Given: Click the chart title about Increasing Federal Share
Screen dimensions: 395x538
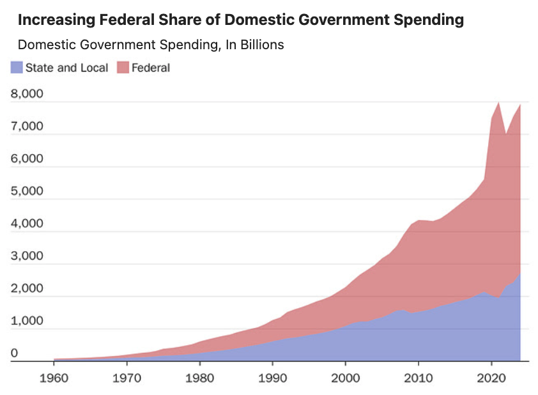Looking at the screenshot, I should [240, 20].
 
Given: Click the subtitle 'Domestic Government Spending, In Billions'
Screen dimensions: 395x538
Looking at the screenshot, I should [151, 45].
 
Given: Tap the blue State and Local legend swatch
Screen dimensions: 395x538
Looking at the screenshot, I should [17, 68].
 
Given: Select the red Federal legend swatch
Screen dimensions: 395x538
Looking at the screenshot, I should [123, 68].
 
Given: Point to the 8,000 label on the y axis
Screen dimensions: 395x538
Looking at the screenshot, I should [27, 94].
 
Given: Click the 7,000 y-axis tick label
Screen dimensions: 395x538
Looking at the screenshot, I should [27, 127].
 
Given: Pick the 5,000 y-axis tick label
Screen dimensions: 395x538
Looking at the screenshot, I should [27, 191].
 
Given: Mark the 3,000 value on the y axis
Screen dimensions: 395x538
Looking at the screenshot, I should [27, 256].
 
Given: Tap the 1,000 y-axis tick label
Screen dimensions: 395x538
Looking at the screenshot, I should [27, 321].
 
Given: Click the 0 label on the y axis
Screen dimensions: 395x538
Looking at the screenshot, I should [15, 353].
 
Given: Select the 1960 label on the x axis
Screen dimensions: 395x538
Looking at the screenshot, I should [54, 376].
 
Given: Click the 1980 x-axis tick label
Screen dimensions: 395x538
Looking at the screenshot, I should [200, 376].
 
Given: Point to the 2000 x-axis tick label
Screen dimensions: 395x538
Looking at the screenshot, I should [346, 376].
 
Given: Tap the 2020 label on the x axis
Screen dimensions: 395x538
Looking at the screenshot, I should [491, 376].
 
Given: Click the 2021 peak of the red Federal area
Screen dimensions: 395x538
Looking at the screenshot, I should [498, 103].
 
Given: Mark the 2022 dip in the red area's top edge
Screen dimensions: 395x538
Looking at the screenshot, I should [505, 134].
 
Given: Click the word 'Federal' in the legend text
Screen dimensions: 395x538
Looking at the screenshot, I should [151, 68].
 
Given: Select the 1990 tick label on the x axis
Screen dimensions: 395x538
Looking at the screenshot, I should [273, 376].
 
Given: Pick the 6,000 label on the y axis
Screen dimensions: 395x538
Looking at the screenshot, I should [27, 159].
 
